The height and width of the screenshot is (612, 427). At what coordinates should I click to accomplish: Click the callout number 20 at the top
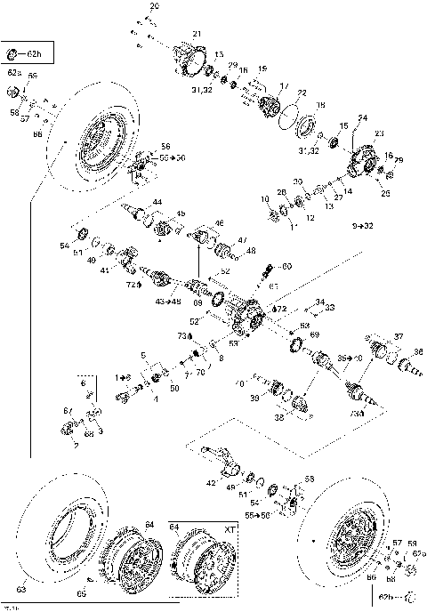(x=155, y=6)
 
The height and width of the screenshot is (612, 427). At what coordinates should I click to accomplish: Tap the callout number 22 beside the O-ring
(x=302, y=93)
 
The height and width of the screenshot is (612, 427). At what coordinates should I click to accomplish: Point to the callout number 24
(x=362, y=118)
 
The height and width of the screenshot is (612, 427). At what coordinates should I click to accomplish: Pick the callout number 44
(x=157, y=204)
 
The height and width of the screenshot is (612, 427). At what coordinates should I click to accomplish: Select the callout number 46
(x=220, y=222)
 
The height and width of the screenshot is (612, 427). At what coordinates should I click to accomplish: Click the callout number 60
(x=286, y=266)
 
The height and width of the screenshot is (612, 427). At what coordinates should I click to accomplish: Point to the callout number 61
(x=274, y=286)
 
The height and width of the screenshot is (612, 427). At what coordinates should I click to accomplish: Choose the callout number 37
(x=399, y=336)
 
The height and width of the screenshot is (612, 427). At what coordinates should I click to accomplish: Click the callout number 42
(x=210, y=482)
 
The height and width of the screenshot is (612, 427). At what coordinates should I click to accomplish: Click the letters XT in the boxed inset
(x=230, y=528)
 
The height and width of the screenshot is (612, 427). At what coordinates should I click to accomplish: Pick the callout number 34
(x=320, y=302)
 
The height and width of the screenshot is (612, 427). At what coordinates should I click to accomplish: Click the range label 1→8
(x=122, y=377)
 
